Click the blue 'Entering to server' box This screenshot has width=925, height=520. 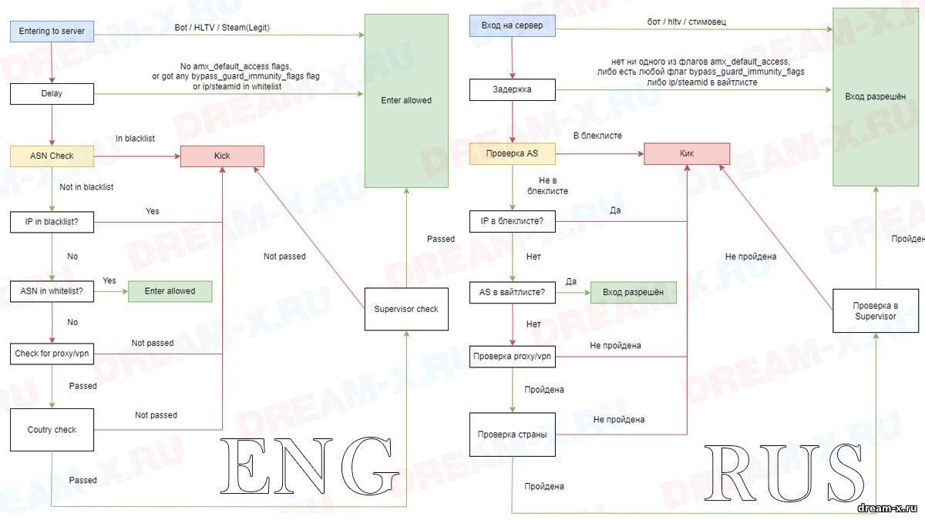[x=52, y=32]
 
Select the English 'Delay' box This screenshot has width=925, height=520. [x=52, y=94]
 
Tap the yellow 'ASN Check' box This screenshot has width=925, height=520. [x=52, y=156]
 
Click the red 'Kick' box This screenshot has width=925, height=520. [x=222, y=156]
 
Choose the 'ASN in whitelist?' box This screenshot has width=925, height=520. [x=52, y=291]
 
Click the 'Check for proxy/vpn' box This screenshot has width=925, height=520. [x=52, y=354]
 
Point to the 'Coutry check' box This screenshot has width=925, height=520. [x=52, y=430]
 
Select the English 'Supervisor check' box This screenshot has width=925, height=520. [x=406, y=309]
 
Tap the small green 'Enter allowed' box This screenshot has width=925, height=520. [x=170, y=291]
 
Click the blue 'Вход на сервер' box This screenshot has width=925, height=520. [x=512, y=26]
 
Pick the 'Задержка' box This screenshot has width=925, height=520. [x=512, y=89]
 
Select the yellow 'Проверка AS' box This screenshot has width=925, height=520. [x=512, y=153]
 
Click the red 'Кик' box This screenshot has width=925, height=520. [x=687, y=153]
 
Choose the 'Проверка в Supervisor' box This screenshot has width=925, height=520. [x=875, y=310]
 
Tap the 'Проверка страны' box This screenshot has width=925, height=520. [x=512, y=434]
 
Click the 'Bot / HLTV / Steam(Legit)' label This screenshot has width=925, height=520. [x=222, y=28]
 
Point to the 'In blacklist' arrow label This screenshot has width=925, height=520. [x=135, y=139]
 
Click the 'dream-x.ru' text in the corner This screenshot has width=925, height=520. [x=889, y=509]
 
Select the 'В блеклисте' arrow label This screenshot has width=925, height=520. [x=597, y=136]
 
